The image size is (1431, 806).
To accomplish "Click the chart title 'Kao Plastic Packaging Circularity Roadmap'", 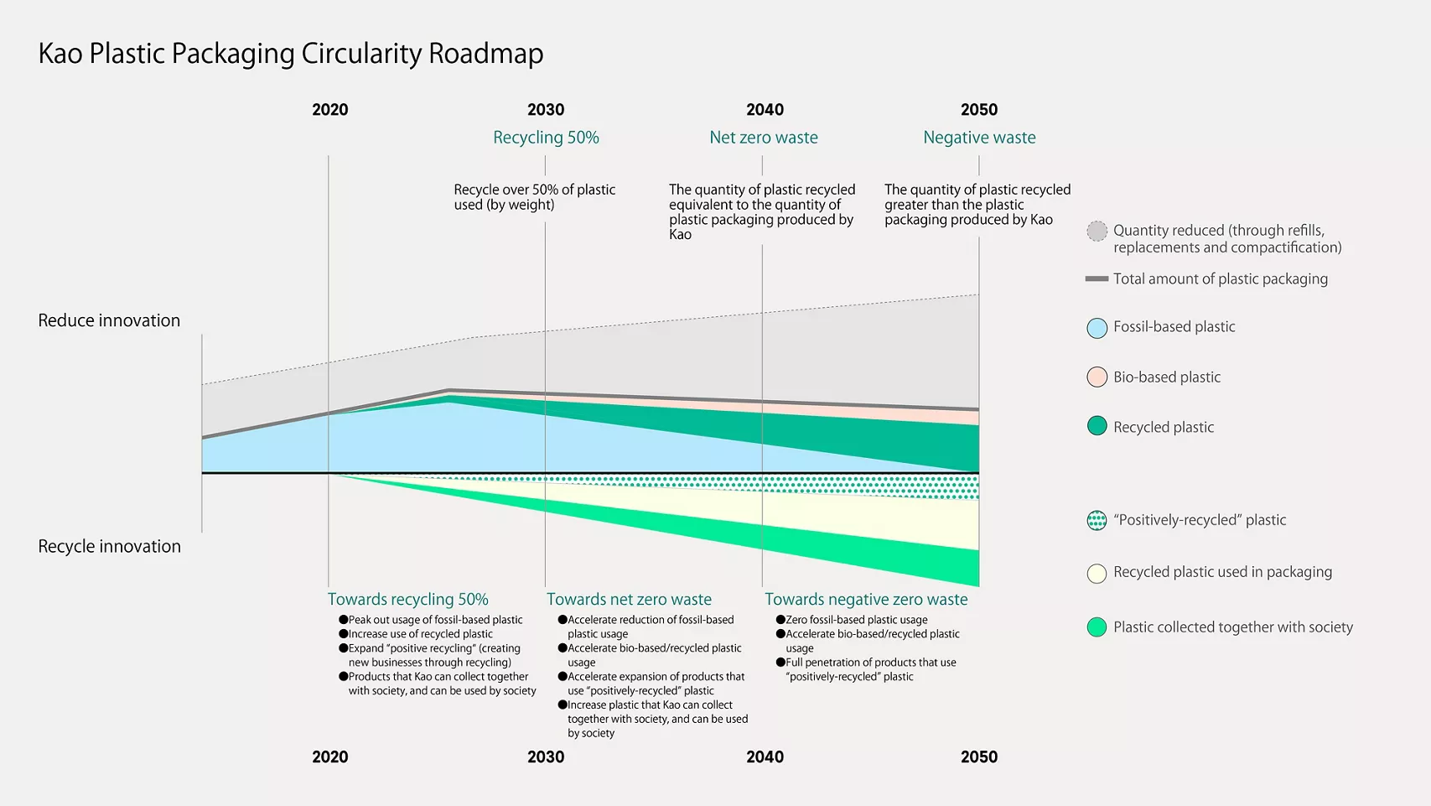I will [x=291, y=54].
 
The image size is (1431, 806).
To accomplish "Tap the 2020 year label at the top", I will [x=330, y=110].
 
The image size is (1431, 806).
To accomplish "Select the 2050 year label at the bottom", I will [x=979, y=757].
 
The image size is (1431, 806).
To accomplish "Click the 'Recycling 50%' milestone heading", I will [x=546, y=138].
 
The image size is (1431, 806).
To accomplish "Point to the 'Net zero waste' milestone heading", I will [x=764, y=138].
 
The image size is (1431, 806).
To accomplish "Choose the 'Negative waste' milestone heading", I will [x=979, y=138].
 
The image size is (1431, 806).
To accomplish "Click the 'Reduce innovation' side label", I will [x=109, y=320].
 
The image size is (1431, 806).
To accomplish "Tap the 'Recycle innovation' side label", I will [x=109, y=546].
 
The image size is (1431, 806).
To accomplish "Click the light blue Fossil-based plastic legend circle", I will [x=1097, y=328].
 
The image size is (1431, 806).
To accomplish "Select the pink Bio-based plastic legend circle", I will [x=1097, y=377].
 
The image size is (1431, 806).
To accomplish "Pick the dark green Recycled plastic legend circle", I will [x=1097, y=426].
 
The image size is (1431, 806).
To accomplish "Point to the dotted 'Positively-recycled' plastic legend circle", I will [x=1097, y=521].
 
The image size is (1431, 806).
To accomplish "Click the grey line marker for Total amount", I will [x=1097, y=278].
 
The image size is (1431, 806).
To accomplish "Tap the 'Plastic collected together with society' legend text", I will [x=1232, y=627].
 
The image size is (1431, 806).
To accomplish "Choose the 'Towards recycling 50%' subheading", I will [x=407, y=600].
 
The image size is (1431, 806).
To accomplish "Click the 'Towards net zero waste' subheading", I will [x=629, y=600].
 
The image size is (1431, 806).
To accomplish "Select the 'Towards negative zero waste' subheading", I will [x=866, y=600].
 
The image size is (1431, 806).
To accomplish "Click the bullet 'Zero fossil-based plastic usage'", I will [x=856, y=620].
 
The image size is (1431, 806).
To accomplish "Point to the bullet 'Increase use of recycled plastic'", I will [x=420, y=634].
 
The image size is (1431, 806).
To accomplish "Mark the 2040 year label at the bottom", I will [x=765, y=757].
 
